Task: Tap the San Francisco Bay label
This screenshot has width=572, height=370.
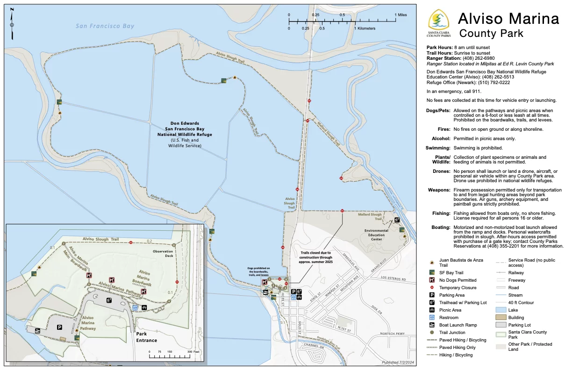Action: pos(105,26)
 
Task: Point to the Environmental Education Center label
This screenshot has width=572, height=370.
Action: pos(376,235)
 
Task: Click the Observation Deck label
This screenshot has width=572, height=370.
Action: pos(163,254)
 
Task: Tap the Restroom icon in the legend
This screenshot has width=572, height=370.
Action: pos(432,317)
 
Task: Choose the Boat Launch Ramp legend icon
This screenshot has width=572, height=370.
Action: pos(432,325)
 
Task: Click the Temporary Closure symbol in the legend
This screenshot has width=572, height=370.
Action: pos(432,287)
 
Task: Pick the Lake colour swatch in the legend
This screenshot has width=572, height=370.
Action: pos(502,310)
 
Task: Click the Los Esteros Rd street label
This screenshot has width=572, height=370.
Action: pos(391,279)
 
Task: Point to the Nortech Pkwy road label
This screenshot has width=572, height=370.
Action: pos(392,334)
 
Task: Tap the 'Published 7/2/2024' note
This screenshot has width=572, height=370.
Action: pos(398,363)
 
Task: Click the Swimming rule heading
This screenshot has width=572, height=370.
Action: pos(437,148)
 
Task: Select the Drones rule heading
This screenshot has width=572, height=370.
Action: pos(441,171)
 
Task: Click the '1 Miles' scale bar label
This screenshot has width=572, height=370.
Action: pos(400,15)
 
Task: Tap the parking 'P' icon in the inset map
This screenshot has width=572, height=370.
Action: pos(59,327)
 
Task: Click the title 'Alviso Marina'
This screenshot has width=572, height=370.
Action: pos(508,19)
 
